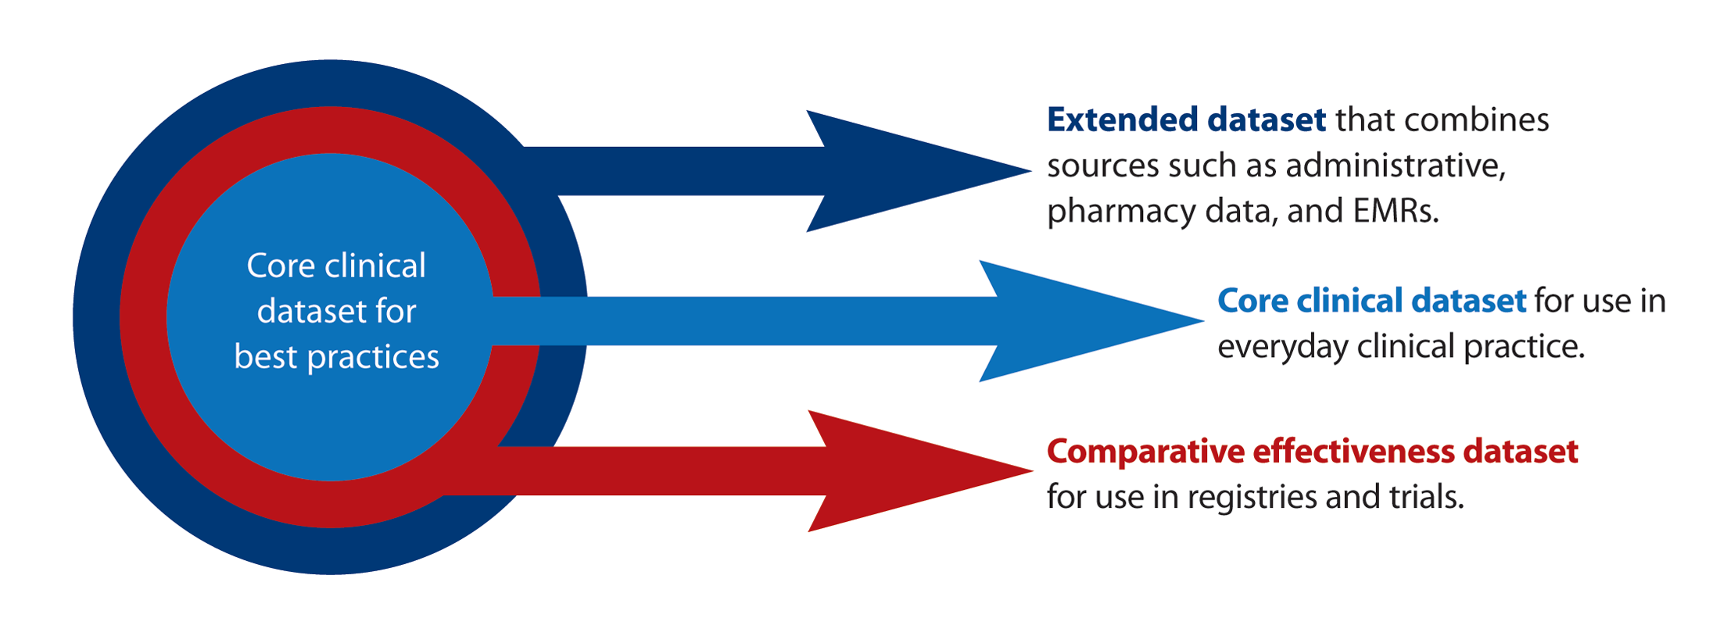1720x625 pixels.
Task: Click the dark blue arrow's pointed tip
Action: [1030, 171]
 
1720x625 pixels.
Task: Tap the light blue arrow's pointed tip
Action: [1203, 320]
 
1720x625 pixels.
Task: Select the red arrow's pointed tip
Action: [1032, 471]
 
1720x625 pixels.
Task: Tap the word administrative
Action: [1396, 166]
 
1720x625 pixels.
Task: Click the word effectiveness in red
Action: [1353, 451]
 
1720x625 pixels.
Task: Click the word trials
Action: [1426, 496]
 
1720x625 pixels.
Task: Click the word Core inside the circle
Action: [281, 266]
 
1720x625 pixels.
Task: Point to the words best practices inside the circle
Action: [337, 357]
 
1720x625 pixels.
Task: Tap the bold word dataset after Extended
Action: [1267, 120]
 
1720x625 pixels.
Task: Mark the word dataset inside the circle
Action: [310, 312]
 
